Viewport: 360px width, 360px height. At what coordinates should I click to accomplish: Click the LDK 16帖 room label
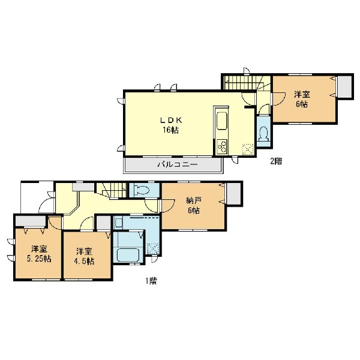click(171, 125)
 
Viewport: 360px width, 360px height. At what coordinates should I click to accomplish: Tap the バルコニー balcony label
click(177, 164)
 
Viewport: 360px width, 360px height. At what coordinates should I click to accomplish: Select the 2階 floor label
click(276, 161)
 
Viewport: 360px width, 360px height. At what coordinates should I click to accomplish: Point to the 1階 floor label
click(151, 281)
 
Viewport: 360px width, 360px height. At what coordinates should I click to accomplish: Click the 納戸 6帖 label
click(194, 205)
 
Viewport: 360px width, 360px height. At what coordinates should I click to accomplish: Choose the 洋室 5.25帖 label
click(39, 254)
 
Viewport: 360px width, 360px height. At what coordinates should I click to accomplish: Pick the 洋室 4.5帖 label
click(84, 256)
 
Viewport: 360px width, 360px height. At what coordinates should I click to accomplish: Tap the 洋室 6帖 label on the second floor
click(302, 99)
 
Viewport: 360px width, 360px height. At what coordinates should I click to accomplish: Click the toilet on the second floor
click(263, 133)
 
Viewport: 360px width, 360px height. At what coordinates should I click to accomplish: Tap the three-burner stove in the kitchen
click(222, 146)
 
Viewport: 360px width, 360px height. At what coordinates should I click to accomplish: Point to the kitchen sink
click(222, 121)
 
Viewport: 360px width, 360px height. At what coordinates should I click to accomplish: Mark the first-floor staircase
click(112, 190)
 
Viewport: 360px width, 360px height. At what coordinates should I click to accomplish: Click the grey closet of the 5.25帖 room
click(31, 221)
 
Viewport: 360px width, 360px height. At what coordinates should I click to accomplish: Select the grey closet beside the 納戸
click(234, 193)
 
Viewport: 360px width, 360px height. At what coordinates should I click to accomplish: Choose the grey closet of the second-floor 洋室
click(345, 86)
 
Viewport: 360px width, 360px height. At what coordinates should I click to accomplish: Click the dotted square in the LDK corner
click(248, 149)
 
